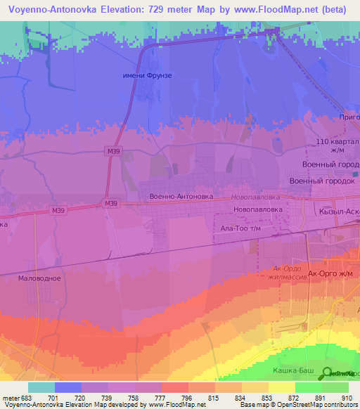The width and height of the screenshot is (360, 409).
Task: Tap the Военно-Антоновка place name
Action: pyautogui.click(x=181, y=197)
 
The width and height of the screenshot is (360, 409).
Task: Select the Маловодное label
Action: pyautogui.click(x=39, y=278)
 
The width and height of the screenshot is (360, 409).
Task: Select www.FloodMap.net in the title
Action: pyautogui.click(x=281, y=9)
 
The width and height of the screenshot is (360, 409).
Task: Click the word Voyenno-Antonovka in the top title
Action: pyautogui.click(x=61, y=9)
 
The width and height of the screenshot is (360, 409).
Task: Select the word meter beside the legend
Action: pyautogui.click(x=11, y=397)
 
